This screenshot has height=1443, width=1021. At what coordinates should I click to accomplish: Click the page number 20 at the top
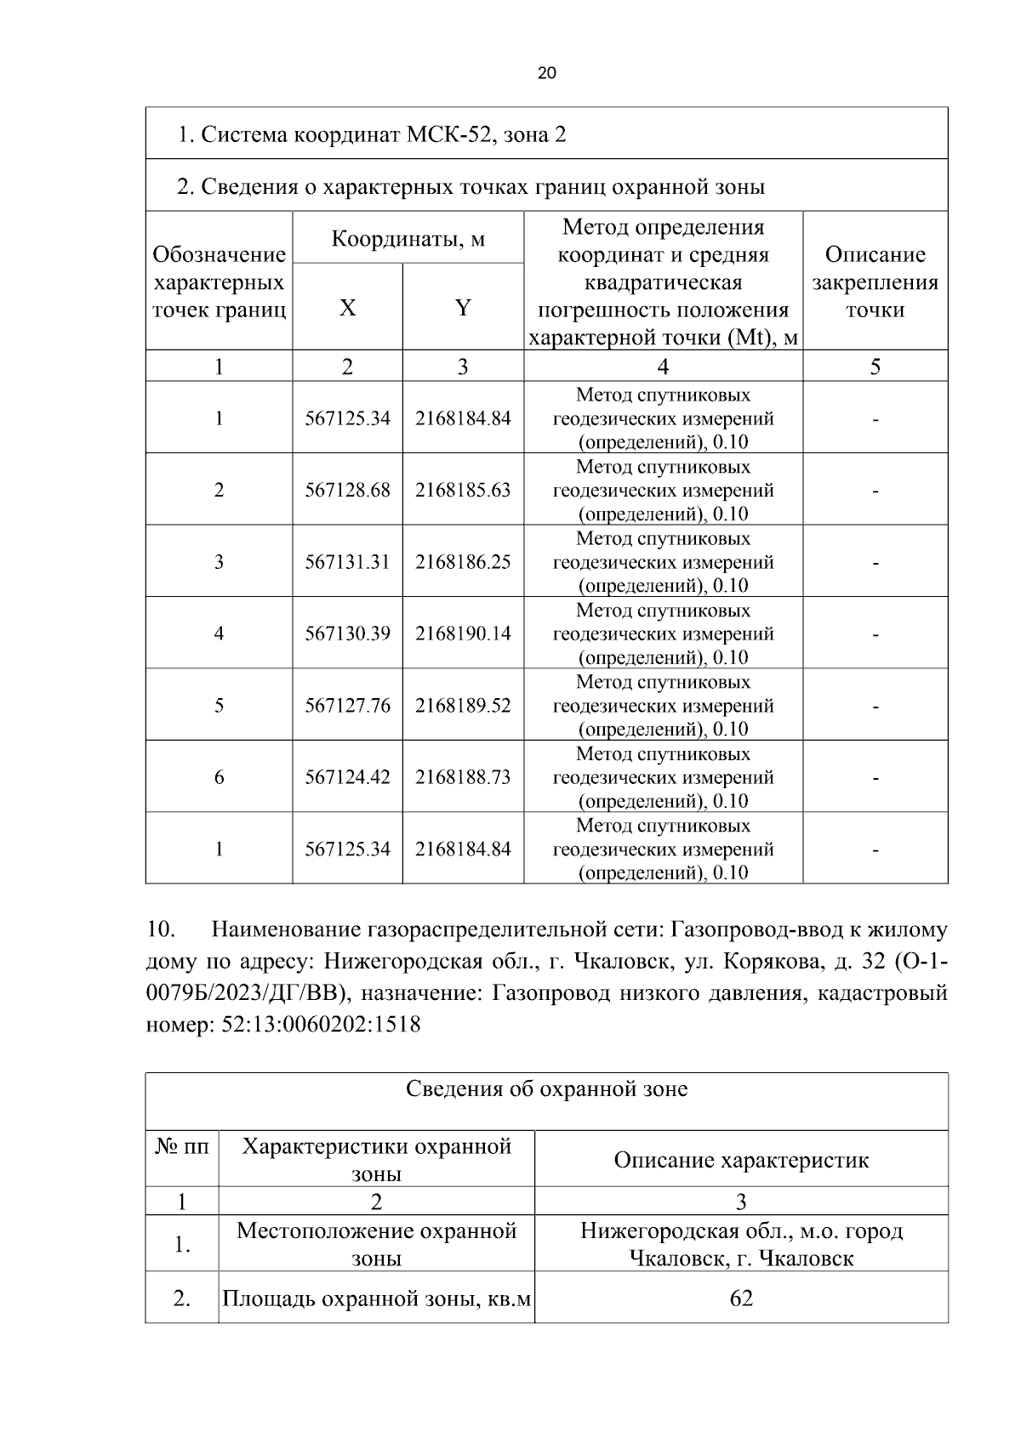(x=547, y=73)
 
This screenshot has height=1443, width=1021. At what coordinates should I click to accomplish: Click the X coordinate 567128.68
(x=347, y=491)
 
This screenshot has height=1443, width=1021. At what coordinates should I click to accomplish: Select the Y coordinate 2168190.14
(x=463, y=633)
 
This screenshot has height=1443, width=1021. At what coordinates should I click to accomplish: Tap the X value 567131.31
(x=347, y=562)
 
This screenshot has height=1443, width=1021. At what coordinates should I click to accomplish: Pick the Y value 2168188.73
(x=463, y=777)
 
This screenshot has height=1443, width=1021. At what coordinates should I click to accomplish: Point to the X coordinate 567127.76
(x=347, y=706)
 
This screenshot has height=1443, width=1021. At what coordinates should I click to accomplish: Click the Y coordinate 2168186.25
(x=463, y=562)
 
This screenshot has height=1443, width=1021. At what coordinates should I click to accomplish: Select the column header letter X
(x=347, y=308)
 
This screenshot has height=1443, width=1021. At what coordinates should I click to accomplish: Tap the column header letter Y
(x=463, y=308)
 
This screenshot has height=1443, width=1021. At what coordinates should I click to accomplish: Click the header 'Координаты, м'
(x=408, y=239)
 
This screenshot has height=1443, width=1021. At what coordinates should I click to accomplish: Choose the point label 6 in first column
(x=219, y=777)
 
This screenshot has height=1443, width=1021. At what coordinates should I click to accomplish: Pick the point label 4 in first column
(x=219, y=633)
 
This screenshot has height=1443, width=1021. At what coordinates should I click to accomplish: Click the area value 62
(x=741, y=1298)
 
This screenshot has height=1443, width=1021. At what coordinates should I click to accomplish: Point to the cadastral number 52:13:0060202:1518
(x=321, y=1025)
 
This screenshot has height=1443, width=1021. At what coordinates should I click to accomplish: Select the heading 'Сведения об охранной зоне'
(x=546, y=1089)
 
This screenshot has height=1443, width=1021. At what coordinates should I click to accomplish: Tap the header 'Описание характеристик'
(x=741, y=1161)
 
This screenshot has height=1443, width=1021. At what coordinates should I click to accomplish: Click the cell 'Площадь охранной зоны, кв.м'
(x=376, y=1299)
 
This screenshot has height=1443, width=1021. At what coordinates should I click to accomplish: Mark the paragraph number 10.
(x=161, y=929)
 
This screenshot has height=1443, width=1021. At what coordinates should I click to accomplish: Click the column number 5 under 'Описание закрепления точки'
(x=875, y=366)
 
